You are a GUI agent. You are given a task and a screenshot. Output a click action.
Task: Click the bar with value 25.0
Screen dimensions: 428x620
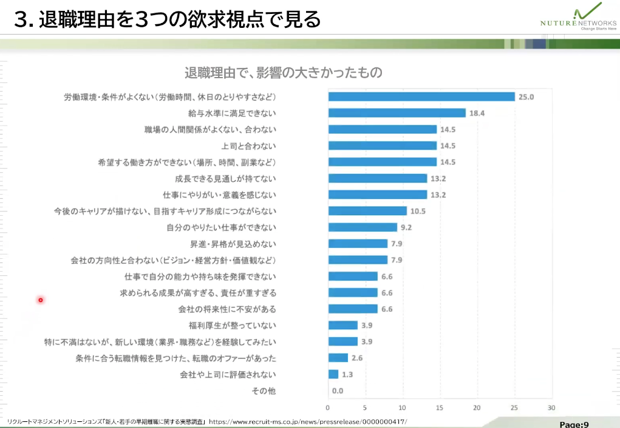point(421,96)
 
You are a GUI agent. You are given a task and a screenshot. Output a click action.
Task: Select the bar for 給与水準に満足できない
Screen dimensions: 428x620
point(397,113)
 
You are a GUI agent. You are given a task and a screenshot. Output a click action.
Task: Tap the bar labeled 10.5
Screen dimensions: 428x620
point(367,211)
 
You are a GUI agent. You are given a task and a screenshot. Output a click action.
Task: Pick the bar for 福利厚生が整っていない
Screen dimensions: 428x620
point(342,325)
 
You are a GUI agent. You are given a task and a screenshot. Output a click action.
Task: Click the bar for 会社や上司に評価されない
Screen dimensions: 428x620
point(333,374)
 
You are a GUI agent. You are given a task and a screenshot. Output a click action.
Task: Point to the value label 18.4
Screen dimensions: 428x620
point(477,113)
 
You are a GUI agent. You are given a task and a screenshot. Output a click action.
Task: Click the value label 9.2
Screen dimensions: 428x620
point(406,227)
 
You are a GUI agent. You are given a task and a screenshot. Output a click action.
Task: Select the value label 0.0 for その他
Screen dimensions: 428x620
point(338,391)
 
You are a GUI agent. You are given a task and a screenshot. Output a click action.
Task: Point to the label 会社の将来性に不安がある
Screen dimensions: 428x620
point(227,309)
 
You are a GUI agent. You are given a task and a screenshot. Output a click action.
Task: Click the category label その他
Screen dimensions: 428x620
point(264,391)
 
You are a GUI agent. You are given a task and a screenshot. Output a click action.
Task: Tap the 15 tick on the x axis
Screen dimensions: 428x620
point(440,407)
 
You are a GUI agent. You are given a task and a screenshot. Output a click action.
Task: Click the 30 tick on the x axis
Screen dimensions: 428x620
point(551,407)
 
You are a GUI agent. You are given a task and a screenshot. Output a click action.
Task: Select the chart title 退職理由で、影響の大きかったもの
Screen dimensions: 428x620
point(284,73)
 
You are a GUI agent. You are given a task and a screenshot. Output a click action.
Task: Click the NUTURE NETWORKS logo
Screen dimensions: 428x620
point(577,18)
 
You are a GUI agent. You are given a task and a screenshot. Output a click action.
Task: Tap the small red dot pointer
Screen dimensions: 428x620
point(41,299)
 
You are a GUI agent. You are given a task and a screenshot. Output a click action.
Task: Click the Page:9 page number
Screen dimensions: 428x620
point(574,424)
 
